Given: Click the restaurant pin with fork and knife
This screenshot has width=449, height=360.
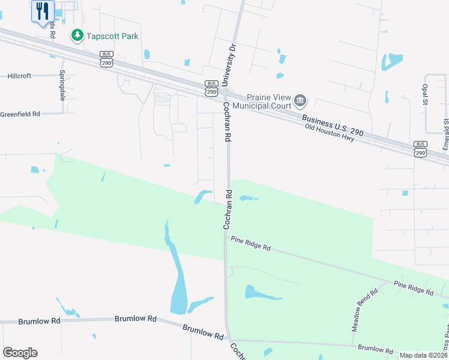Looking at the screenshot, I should [43, 11].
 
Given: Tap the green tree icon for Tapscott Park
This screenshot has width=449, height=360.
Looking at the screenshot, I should [77, 36].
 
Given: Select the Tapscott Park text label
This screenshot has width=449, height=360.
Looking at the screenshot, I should [112, 36].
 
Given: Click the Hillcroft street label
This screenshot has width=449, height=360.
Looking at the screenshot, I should [23, 76].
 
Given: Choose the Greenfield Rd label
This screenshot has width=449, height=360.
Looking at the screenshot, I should [20, 113].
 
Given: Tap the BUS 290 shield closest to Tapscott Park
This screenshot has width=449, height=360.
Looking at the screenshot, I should [106, 58].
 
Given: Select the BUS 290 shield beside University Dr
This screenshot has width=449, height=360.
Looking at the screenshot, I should [211, 88].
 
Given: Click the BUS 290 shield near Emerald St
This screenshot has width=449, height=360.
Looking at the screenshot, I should [420, 149].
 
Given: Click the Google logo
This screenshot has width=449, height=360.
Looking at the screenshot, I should [20, 353].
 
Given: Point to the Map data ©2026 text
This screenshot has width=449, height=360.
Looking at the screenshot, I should [423, 355].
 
